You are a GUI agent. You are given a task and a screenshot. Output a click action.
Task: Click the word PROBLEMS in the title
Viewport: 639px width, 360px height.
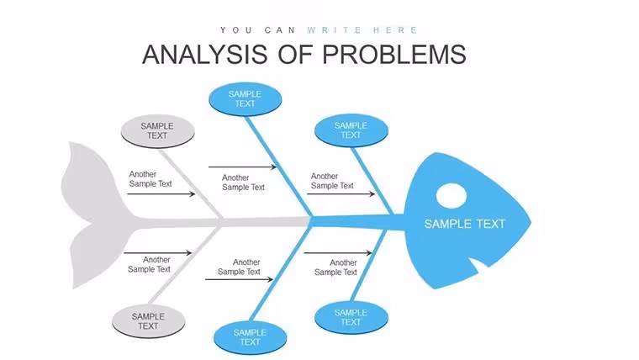coord(394,54)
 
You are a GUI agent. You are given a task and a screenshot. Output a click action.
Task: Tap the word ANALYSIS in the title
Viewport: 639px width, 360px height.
coord(205,54)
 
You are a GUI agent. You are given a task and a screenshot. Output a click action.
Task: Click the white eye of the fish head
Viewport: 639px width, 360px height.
coord(452,195)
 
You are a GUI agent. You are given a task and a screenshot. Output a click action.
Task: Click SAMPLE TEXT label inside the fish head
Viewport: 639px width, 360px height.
coord(465,224)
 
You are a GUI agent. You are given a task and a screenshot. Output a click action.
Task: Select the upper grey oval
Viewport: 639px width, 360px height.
coord(158,131)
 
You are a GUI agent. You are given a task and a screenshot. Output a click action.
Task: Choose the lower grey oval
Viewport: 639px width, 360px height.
coord(148,321)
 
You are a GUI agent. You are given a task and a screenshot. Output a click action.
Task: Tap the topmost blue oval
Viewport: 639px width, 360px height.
coord(245,99)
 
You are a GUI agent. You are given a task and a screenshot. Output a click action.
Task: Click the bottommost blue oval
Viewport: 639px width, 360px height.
coord(251,337)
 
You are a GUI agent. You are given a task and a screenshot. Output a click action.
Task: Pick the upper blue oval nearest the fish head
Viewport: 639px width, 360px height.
coord(351,130)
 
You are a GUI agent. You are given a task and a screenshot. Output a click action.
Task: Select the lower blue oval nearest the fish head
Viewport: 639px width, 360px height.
coord(351,317)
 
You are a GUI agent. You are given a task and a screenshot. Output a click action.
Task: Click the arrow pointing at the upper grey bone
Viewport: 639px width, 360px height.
coord(161,194)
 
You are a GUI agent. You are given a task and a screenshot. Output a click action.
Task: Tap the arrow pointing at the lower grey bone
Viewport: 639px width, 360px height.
coord(158,253)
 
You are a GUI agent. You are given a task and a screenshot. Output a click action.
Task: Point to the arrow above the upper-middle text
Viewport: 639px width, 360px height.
coord(242,167)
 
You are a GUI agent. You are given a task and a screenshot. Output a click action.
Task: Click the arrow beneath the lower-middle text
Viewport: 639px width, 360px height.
coord(240,279)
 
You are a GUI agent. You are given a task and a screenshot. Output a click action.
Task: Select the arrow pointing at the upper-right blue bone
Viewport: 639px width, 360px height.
coord(341,194)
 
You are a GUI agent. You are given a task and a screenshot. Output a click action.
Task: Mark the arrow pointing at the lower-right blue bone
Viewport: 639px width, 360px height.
coord(338,253)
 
